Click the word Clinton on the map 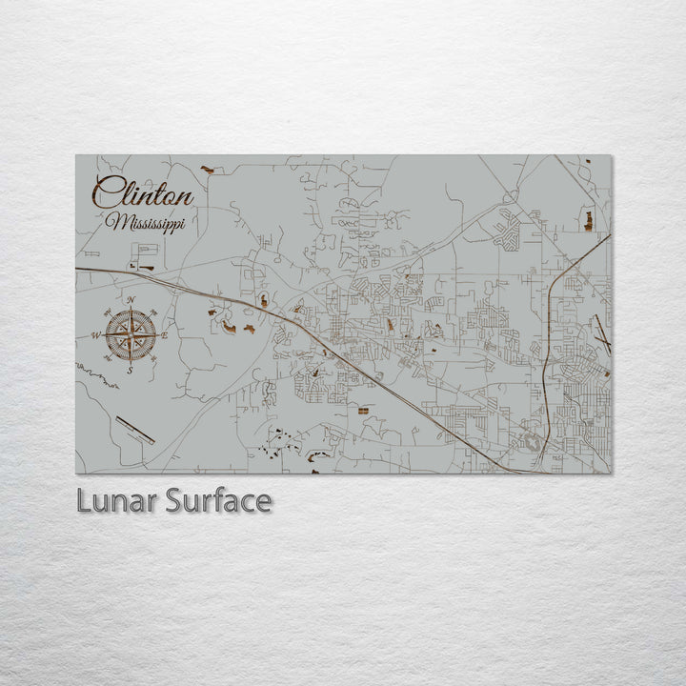coord(143,194)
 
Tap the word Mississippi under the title coord(147,222)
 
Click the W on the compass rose coord(95,336)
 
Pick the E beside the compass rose coord(164,336)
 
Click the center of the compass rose coord(131,335)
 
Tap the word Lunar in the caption coord(116,501)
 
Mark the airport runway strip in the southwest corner coord(134,430)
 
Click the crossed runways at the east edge coord(600,330)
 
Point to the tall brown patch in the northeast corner coord(587,221)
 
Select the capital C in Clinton coord(108,194)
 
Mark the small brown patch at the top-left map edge coord(208,171)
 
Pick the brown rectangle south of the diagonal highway coord(362,409)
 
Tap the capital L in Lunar coord(84,501)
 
